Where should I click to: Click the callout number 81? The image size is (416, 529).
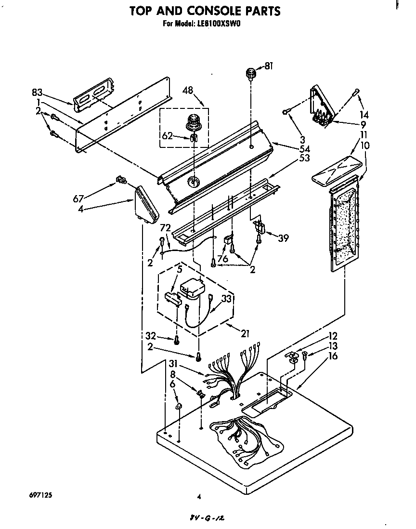(268, 66)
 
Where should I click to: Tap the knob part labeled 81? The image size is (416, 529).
(251, 74)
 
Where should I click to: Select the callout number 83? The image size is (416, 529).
(37, 92)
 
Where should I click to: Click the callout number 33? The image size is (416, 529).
(227, 299)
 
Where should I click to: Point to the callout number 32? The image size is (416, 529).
(150, 336)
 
